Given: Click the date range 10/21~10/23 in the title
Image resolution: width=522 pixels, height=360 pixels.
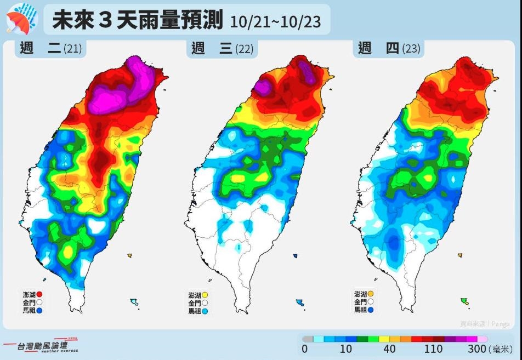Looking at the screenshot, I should click(275, 22).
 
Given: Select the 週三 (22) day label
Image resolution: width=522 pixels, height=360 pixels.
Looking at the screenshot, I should click(222, 49).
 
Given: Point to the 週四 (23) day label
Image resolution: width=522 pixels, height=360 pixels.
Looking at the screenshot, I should click(389, 48).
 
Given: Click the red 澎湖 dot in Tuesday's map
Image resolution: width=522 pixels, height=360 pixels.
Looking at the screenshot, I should click(39, 294).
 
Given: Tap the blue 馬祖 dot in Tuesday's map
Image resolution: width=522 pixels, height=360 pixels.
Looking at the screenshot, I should click(39, 310).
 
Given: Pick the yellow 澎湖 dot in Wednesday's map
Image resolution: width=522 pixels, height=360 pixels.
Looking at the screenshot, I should click(206, 295).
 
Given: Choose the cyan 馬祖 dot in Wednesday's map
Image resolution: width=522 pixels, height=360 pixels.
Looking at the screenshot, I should click(206, 311).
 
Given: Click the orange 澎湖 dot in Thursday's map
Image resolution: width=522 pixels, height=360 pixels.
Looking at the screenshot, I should click(371, 294).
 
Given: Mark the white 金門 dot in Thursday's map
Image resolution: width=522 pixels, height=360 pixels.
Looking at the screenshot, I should click(371, 302).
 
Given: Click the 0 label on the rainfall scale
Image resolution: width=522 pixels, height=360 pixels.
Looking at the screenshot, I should click(304, 350).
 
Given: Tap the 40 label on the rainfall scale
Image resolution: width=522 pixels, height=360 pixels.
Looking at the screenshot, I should click(389, 350).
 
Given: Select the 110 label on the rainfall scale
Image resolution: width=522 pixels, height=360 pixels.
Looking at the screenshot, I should click(433, 350).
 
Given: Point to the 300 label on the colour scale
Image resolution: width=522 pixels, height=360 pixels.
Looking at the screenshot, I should click(477, 350).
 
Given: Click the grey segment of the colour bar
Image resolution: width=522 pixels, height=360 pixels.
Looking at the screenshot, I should click(308, 339).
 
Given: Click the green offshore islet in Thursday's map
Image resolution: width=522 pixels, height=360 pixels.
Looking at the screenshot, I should click(464, 301).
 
